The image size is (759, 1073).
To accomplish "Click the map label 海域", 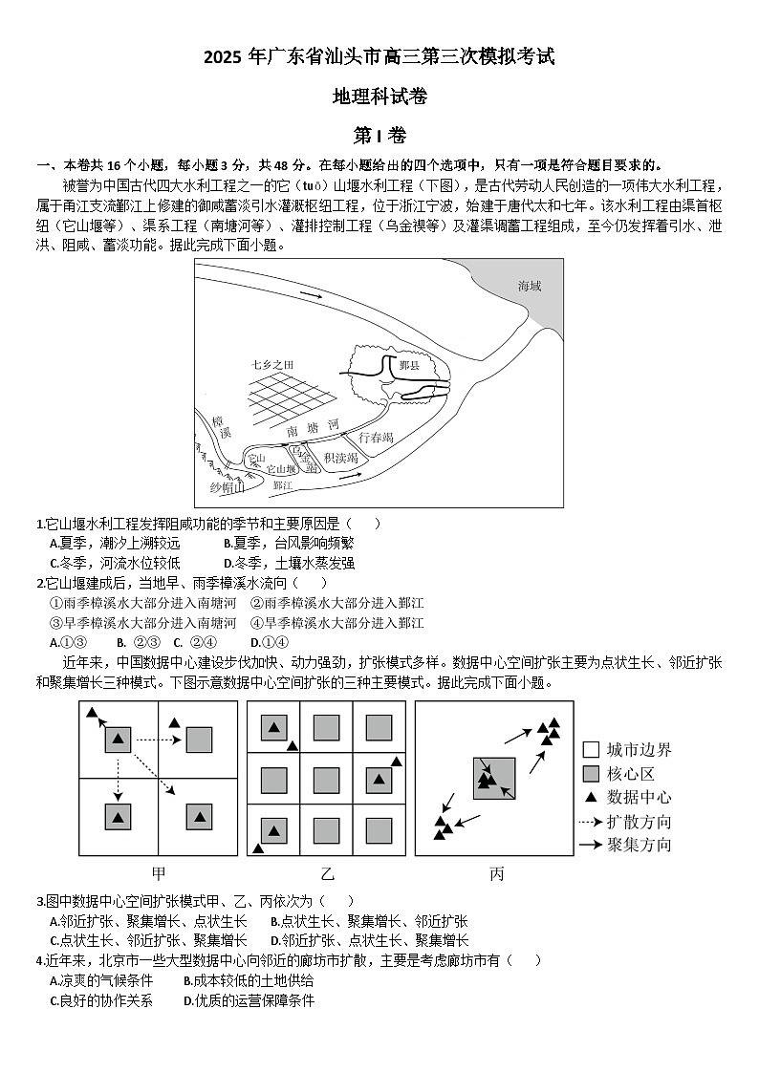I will click(x=529, y=287).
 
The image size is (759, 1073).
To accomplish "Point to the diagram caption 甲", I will click(x=159, y=873).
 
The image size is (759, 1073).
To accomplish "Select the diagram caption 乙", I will click(x=328, y=873).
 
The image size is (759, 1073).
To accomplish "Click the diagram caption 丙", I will click(x=497, y=873).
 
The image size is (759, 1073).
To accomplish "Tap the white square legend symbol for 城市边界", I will click(x=591, y=750).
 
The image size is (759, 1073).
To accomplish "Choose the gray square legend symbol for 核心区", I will click(x=591, y=774).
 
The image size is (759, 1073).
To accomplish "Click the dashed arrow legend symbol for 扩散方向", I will click(x=591, y=822).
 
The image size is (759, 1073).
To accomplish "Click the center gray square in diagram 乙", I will click(x=327, y=780).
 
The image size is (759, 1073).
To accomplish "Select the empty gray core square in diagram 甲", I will click(x=199, y=739).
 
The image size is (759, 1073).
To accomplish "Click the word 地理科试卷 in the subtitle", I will click(x=379, y=96).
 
